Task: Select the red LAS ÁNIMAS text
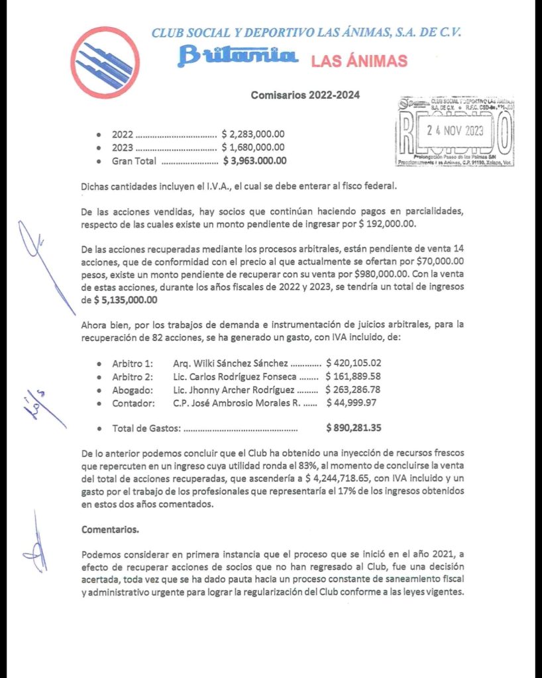pos(358,62)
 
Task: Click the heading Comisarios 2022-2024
pos(305,95)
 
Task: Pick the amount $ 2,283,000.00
pos(253,134)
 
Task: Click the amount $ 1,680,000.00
pos(253,147)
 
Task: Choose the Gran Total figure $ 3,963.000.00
pos(254,160)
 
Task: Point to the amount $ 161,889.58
pos(353,376)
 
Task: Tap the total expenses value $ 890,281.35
pos(353,428)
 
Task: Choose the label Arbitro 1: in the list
pos(133,363)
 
